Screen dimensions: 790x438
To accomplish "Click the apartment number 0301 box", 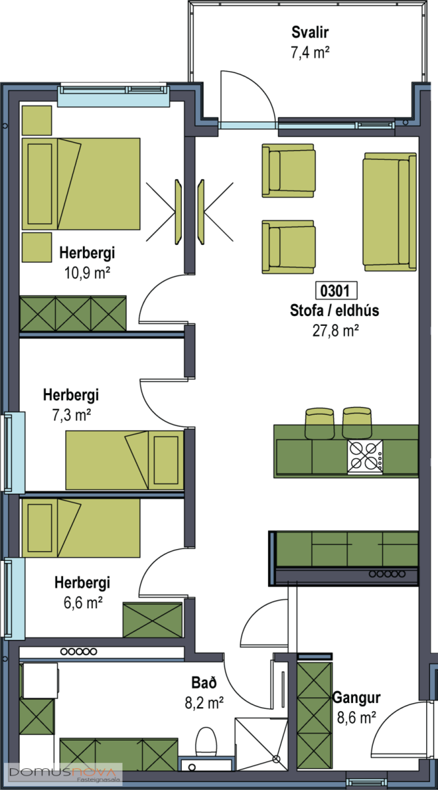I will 337,290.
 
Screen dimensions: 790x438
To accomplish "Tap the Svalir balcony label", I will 310,32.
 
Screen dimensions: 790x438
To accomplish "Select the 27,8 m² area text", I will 335,330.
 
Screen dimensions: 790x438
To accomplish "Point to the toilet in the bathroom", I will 207,741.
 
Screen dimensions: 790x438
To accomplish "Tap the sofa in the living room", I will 389,211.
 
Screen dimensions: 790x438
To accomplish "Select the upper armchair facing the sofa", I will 288,170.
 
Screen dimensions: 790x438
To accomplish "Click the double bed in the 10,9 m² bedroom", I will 81,184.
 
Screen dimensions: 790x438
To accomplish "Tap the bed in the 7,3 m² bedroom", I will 124,460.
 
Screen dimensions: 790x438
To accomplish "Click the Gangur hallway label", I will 356,698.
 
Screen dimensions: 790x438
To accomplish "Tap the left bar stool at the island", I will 320,421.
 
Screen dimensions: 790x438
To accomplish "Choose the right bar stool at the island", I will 358,421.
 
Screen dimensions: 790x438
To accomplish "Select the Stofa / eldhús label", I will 335,311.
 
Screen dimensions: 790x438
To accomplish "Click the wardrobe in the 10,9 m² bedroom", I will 72,313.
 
